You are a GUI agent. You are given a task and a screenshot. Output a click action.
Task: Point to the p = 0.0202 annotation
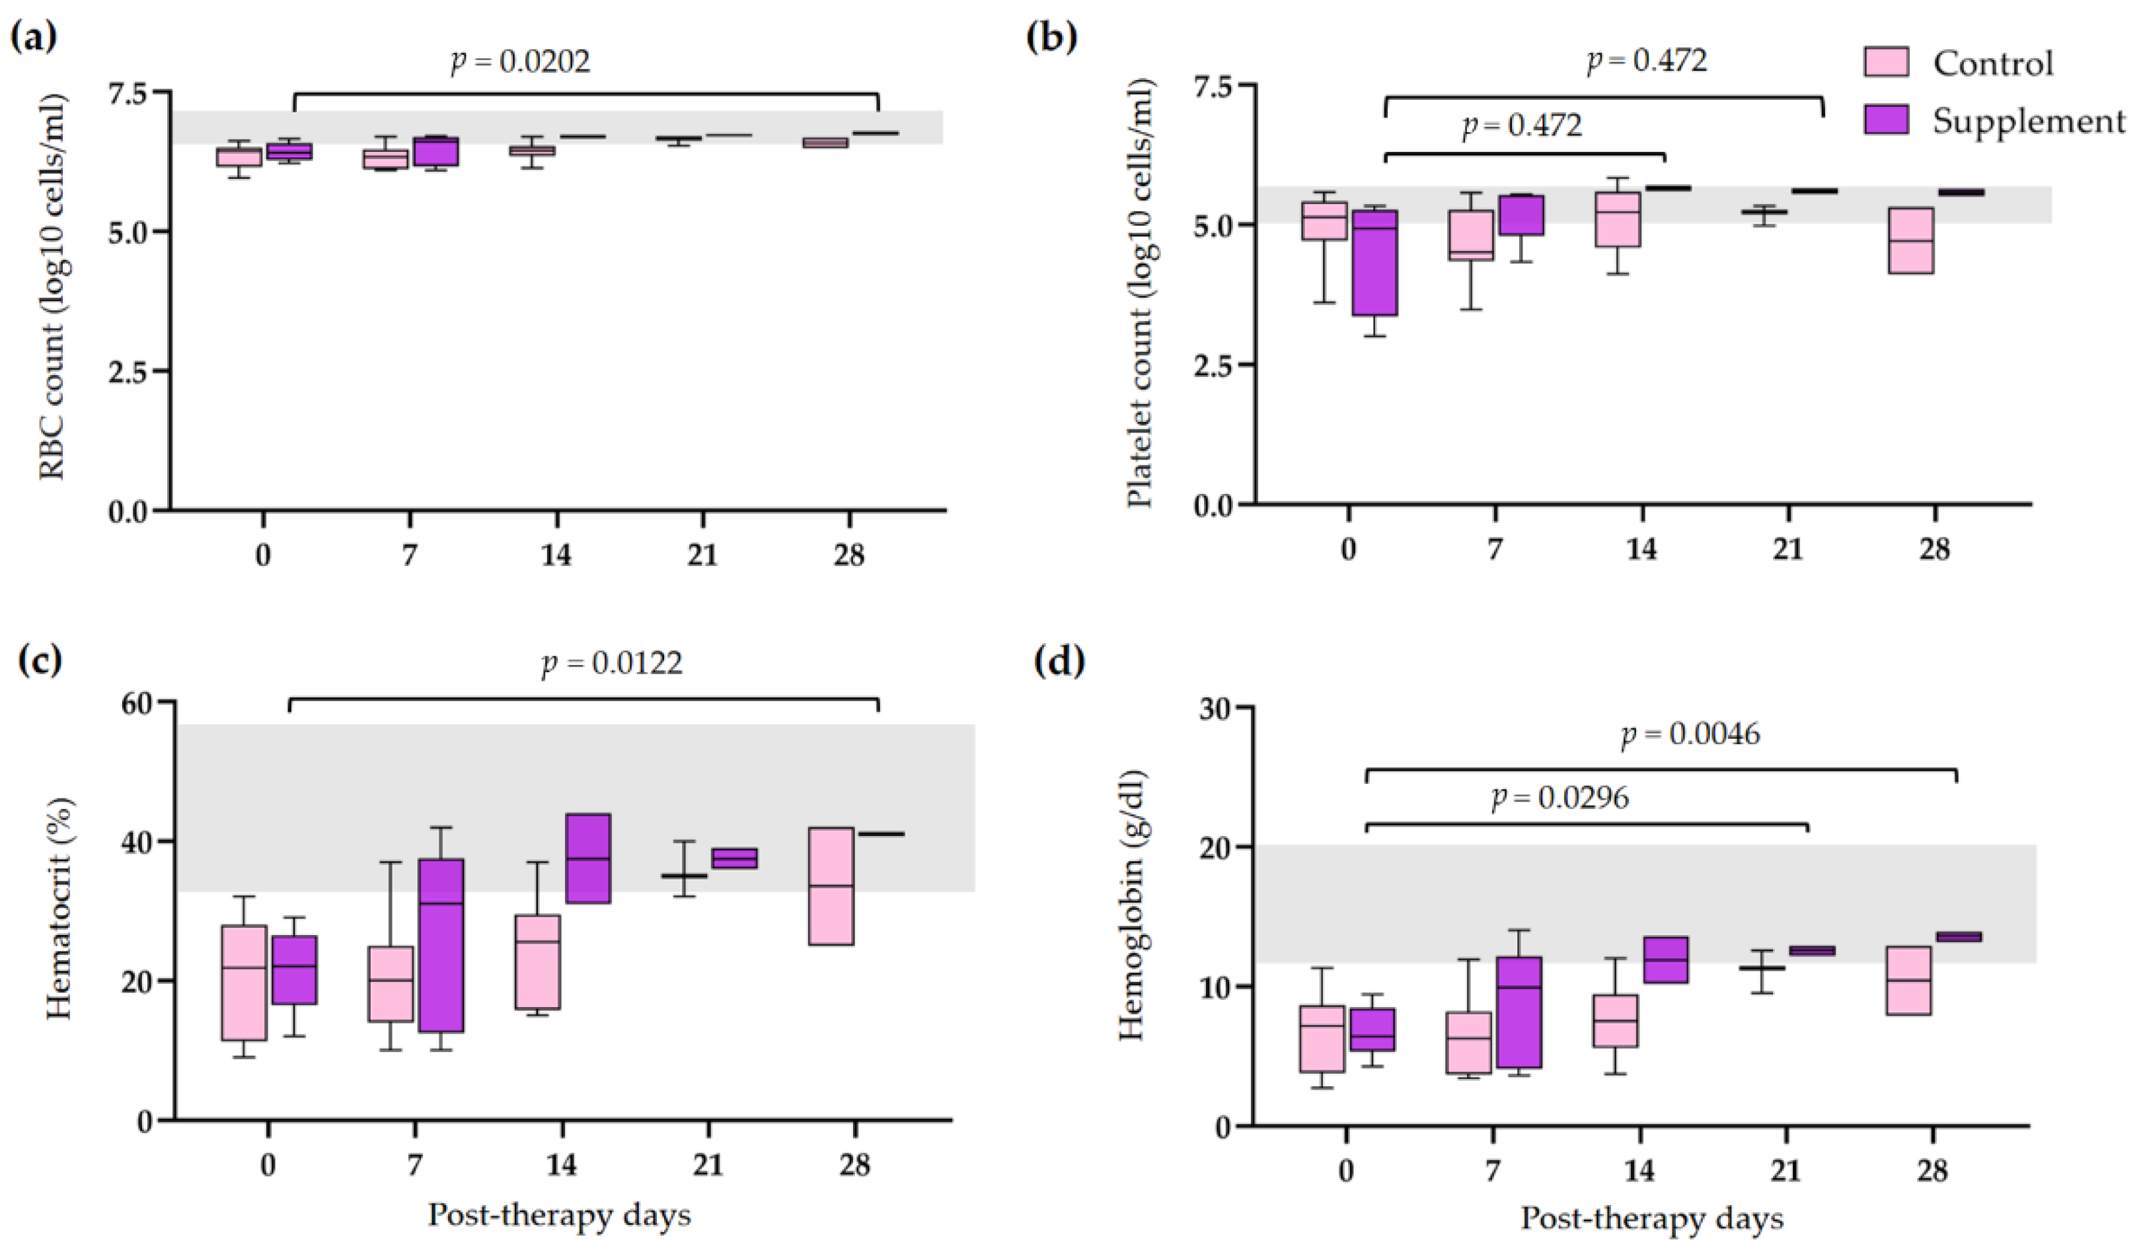(x=519, y=62)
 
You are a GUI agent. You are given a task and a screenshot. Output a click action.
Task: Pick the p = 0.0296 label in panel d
(x=1560, y=798)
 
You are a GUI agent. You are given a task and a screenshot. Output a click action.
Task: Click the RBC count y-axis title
(x=54, y=287)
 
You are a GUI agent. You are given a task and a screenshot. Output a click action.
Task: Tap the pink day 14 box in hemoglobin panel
(x=1614, y=1021)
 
